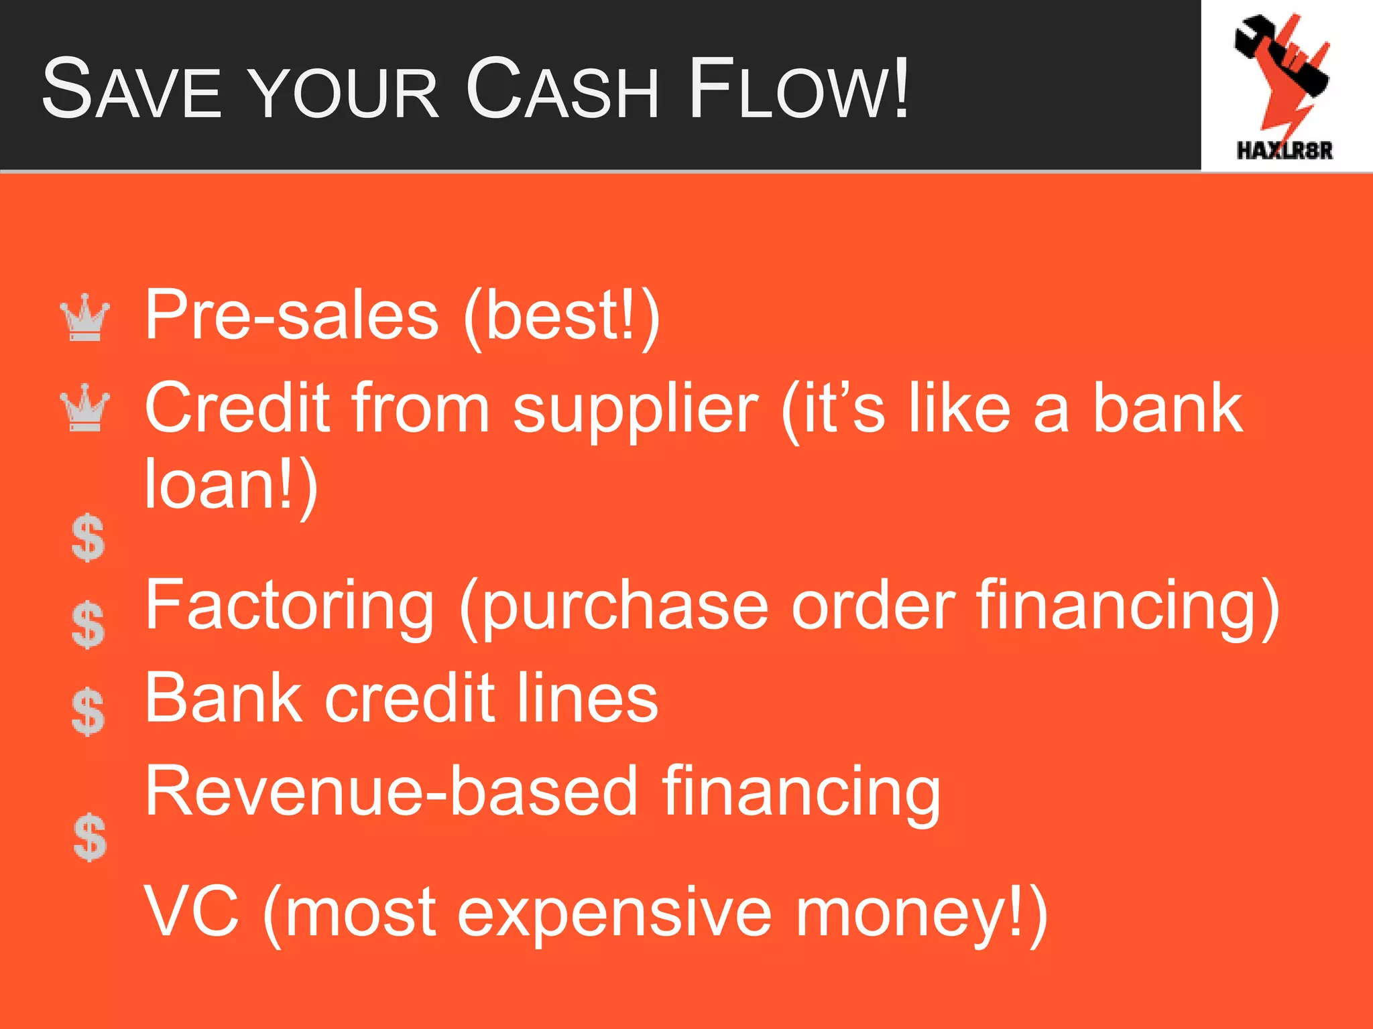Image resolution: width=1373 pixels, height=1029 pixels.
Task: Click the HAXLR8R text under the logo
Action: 1285,150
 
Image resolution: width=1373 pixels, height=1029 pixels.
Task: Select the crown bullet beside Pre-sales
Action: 85,318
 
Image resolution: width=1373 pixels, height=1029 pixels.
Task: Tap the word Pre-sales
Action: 292,315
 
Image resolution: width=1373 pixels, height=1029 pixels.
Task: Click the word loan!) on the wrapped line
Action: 231,484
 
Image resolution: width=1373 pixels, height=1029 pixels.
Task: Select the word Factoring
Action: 290,606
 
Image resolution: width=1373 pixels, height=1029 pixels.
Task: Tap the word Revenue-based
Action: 391,792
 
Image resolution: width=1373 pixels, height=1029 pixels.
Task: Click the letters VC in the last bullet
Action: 192,911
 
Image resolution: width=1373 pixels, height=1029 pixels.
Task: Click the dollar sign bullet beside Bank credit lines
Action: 88,711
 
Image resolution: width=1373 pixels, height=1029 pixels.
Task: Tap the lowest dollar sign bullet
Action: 90,837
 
